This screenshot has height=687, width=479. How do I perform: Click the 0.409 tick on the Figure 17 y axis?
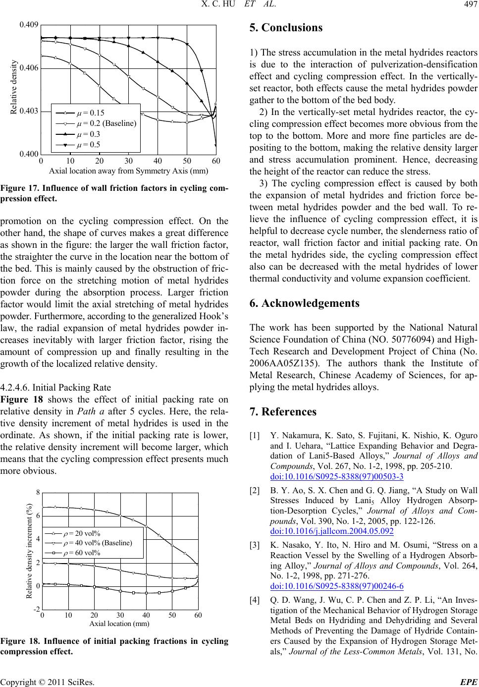point(29,24)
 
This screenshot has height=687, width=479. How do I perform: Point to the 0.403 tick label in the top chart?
point(29,112)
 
